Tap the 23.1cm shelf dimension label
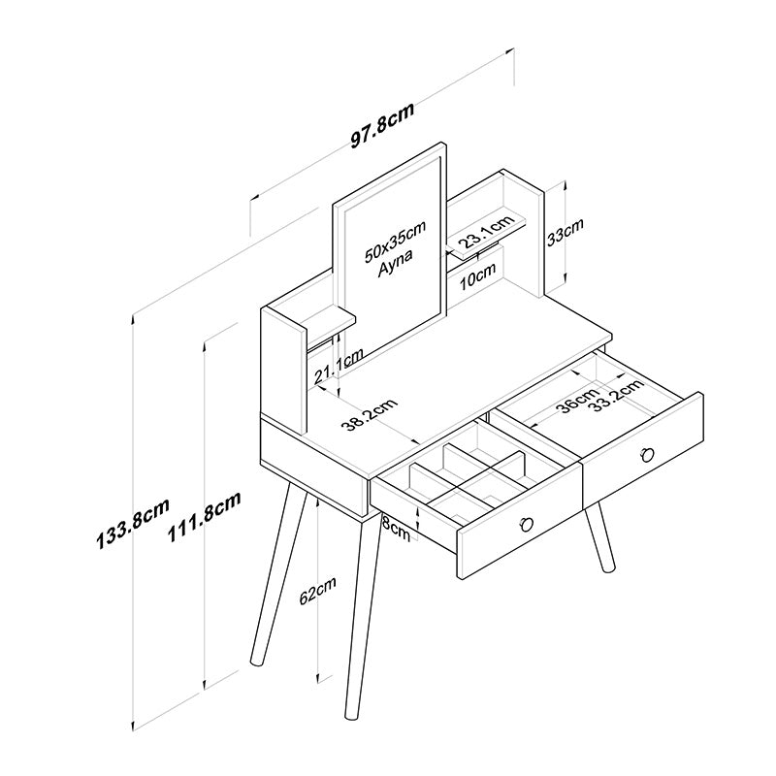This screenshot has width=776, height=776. [485, 233]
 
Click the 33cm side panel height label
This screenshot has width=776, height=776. [566, 233]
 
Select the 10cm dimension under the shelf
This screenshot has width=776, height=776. [479, 278]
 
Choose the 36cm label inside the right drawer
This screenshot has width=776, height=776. [578, 400]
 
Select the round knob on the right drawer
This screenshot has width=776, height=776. [647, 453]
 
